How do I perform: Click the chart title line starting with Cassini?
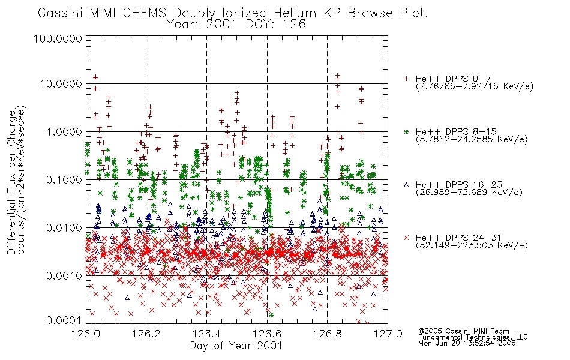tap(233, 13)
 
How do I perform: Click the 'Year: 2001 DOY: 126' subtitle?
tap(236, 25)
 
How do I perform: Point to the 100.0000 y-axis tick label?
tap(58, 38)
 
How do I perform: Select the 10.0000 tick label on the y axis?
tap(61, 84)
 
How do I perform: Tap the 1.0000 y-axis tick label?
tap(64, 131)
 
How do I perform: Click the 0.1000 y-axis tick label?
tap(64, 179)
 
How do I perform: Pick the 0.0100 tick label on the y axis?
tap(64, 227)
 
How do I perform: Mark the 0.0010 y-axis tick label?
tap(64, 275)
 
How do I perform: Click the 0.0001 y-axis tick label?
tap(64, 320)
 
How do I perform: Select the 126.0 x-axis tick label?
tap(86, 334)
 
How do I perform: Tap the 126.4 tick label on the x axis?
tap(206, 334)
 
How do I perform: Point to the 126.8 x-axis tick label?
tap(327, 334)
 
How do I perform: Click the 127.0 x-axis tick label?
tap(388, 334)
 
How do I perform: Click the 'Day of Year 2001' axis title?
tap(236, 346)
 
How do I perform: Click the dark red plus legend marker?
tap(406, 79)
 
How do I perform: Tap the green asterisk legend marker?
tap(406, 131)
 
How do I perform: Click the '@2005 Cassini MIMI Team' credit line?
tap(463, 331)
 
